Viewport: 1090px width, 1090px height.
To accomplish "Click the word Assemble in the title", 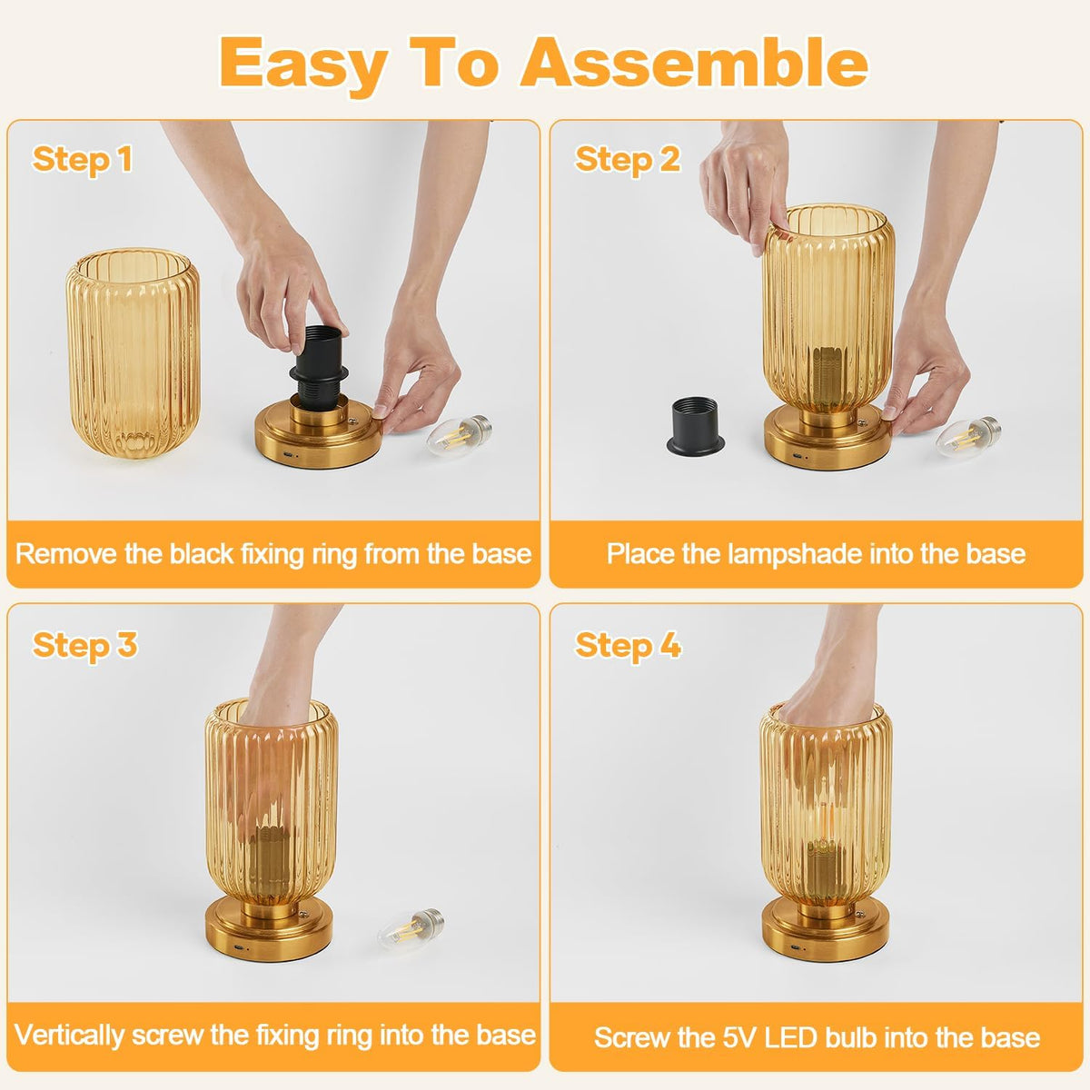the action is pos(694,64).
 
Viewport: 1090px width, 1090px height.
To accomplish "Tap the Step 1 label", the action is pos(83,160).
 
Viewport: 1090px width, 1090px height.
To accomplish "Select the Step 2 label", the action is pos(628,160).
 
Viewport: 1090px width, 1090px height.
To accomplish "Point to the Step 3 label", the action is pos(84,645).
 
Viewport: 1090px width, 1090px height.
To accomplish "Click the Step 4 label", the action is pos(628,645).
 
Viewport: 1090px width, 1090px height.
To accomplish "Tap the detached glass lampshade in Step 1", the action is pos(134,353).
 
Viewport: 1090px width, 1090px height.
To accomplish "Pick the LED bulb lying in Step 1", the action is pos(460,435).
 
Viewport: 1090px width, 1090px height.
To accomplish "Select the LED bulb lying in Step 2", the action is pos(967,436).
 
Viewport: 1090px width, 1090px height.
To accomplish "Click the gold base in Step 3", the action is pos(269,927).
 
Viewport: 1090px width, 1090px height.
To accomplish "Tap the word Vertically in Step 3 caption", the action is pos(70,1036).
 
